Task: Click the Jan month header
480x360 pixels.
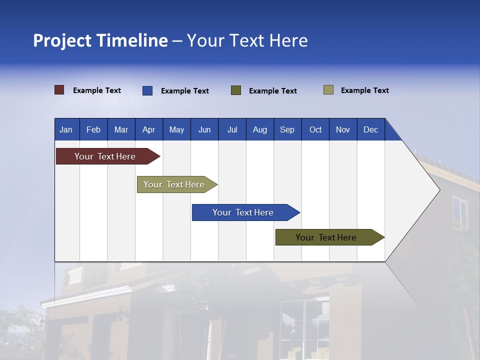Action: coord(66,129)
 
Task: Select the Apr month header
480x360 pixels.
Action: coord(148,129)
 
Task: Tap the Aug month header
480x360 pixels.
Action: coord(259,129)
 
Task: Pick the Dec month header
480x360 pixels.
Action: coord(370,129)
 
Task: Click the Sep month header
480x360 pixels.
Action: coord(287,129)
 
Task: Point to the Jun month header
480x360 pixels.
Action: coord(204,129)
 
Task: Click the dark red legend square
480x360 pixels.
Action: coord(59,90)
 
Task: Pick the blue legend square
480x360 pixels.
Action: coord(147,90)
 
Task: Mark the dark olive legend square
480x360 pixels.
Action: coord(236,90)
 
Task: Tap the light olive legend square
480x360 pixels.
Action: coord(328,90)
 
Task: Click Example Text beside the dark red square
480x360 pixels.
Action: coord(97,90)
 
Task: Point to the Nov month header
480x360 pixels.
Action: coord(342,129)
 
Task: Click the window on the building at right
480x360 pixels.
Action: coord(459,212)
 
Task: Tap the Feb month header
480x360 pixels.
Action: coord(93,129)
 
